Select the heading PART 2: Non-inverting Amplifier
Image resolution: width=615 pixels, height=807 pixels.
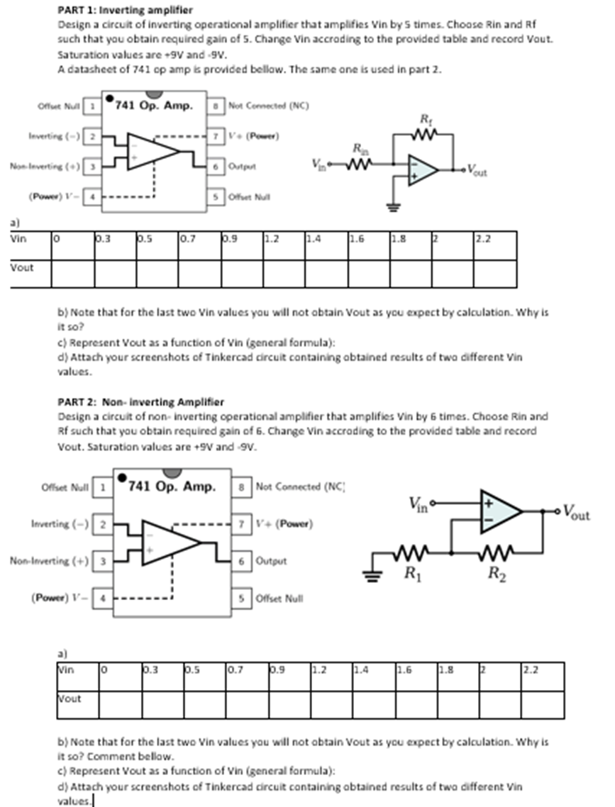(x=140, y=402)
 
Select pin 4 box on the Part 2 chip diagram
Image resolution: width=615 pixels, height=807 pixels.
(x=104, y=598)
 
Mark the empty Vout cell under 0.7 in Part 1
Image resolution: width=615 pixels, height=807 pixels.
(x=199, y=273)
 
